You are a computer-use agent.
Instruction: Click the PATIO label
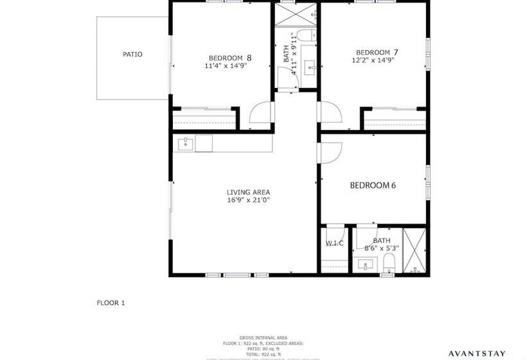pos(132,55)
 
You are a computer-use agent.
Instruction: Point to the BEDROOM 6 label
pos(373,186)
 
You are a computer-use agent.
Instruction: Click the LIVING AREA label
pos(248,192)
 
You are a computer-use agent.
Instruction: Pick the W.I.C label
pos(334,243)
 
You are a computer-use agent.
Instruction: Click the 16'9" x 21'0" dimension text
pos(248,200)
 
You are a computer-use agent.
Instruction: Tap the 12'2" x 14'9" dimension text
pos(373,60)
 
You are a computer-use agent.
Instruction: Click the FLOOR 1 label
pos(111,302)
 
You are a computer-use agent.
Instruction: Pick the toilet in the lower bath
pos(388,264)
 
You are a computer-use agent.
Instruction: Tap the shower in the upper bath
pos(296,15)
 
